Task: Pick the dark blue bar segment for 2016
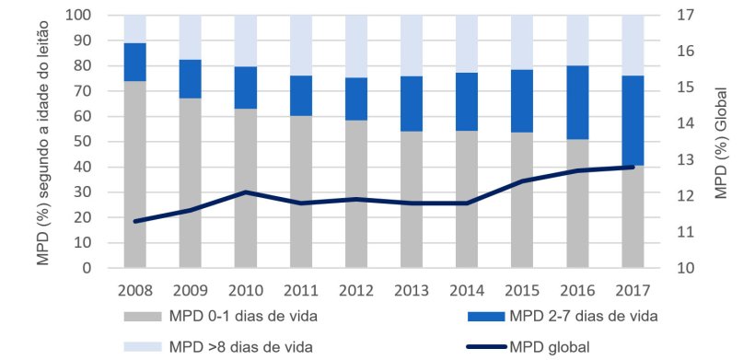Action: click(576, 102)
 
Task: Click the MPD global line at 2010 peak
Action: click(245, 192)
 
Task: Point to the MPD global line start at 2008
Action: click(134, 221)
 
